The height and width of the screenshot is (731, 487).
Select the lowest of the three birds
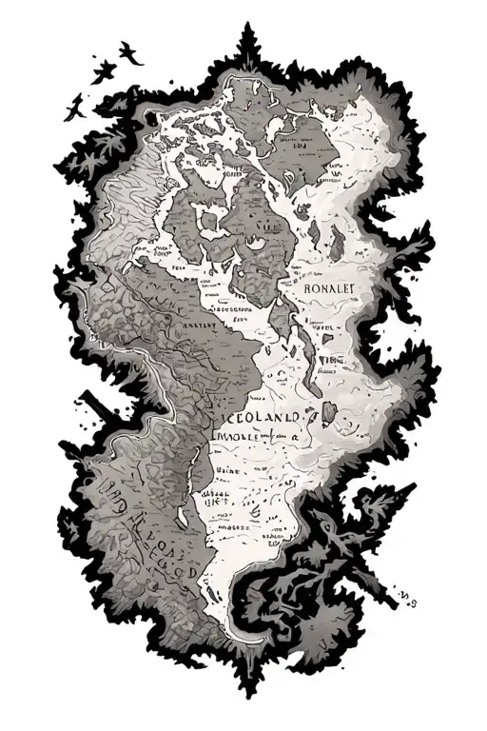click(72, 109)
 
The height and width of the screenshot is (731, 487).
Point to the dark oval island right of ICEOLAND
click(327, 412)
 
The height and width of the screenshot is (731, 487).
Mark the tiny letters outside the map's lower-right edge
click(412, 597)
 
